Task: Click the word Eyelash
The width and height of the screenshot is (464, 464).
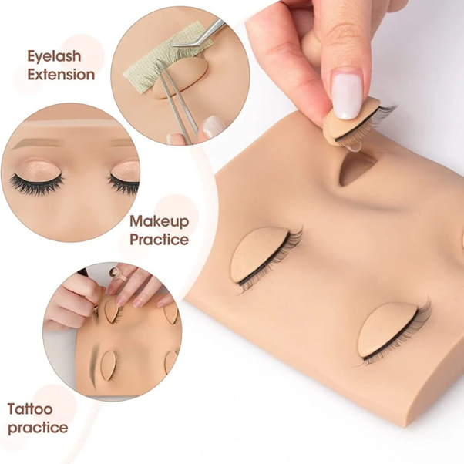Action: coord(54,56)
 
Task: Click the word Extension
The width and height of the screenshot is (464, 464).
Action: coord(61,74)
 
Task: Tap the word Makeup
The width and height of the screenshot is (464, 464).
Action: coord(160,221)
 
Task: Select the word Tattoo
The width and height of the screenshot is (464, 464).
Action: coord(30,409)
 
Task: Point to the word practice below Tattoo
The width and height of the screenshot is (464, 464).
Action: coord(38,428)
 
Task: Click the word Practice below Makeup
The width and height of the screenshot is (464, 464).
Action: coord(160,239)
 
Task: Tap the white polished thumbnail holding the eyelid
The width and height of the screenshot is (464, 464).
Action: coord(347,92)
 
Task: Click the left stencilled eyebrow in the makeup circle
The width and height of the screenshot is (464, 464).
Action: coord(35,144)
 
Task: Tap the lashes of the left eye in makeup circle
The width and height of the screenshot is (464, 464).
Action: coord(37,183)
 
